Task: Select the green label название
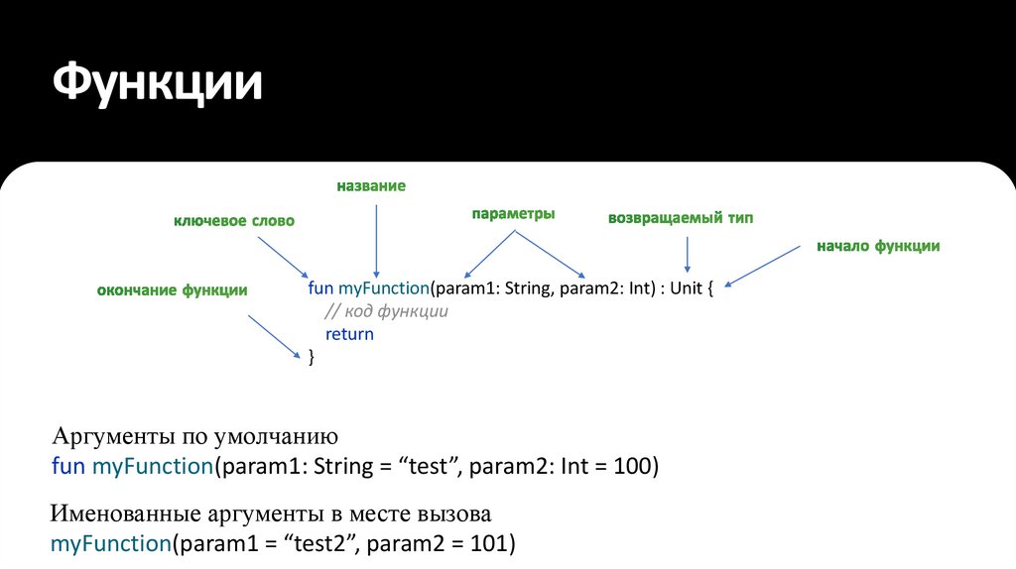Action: pos(371,186)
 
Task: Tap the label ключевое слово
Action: pos(234,221)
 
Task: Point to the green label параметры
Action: pos(513,214)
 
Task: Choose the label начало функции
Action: pos(878,246)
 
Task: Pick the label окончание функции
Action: pos(172,290)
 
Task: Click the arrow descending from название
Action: pos(376,238)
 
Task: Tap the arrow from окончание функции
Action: pos(274,338)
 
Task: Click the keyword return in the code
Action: pos(349,334)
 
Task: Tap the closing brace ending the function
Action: pos(312,356)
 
